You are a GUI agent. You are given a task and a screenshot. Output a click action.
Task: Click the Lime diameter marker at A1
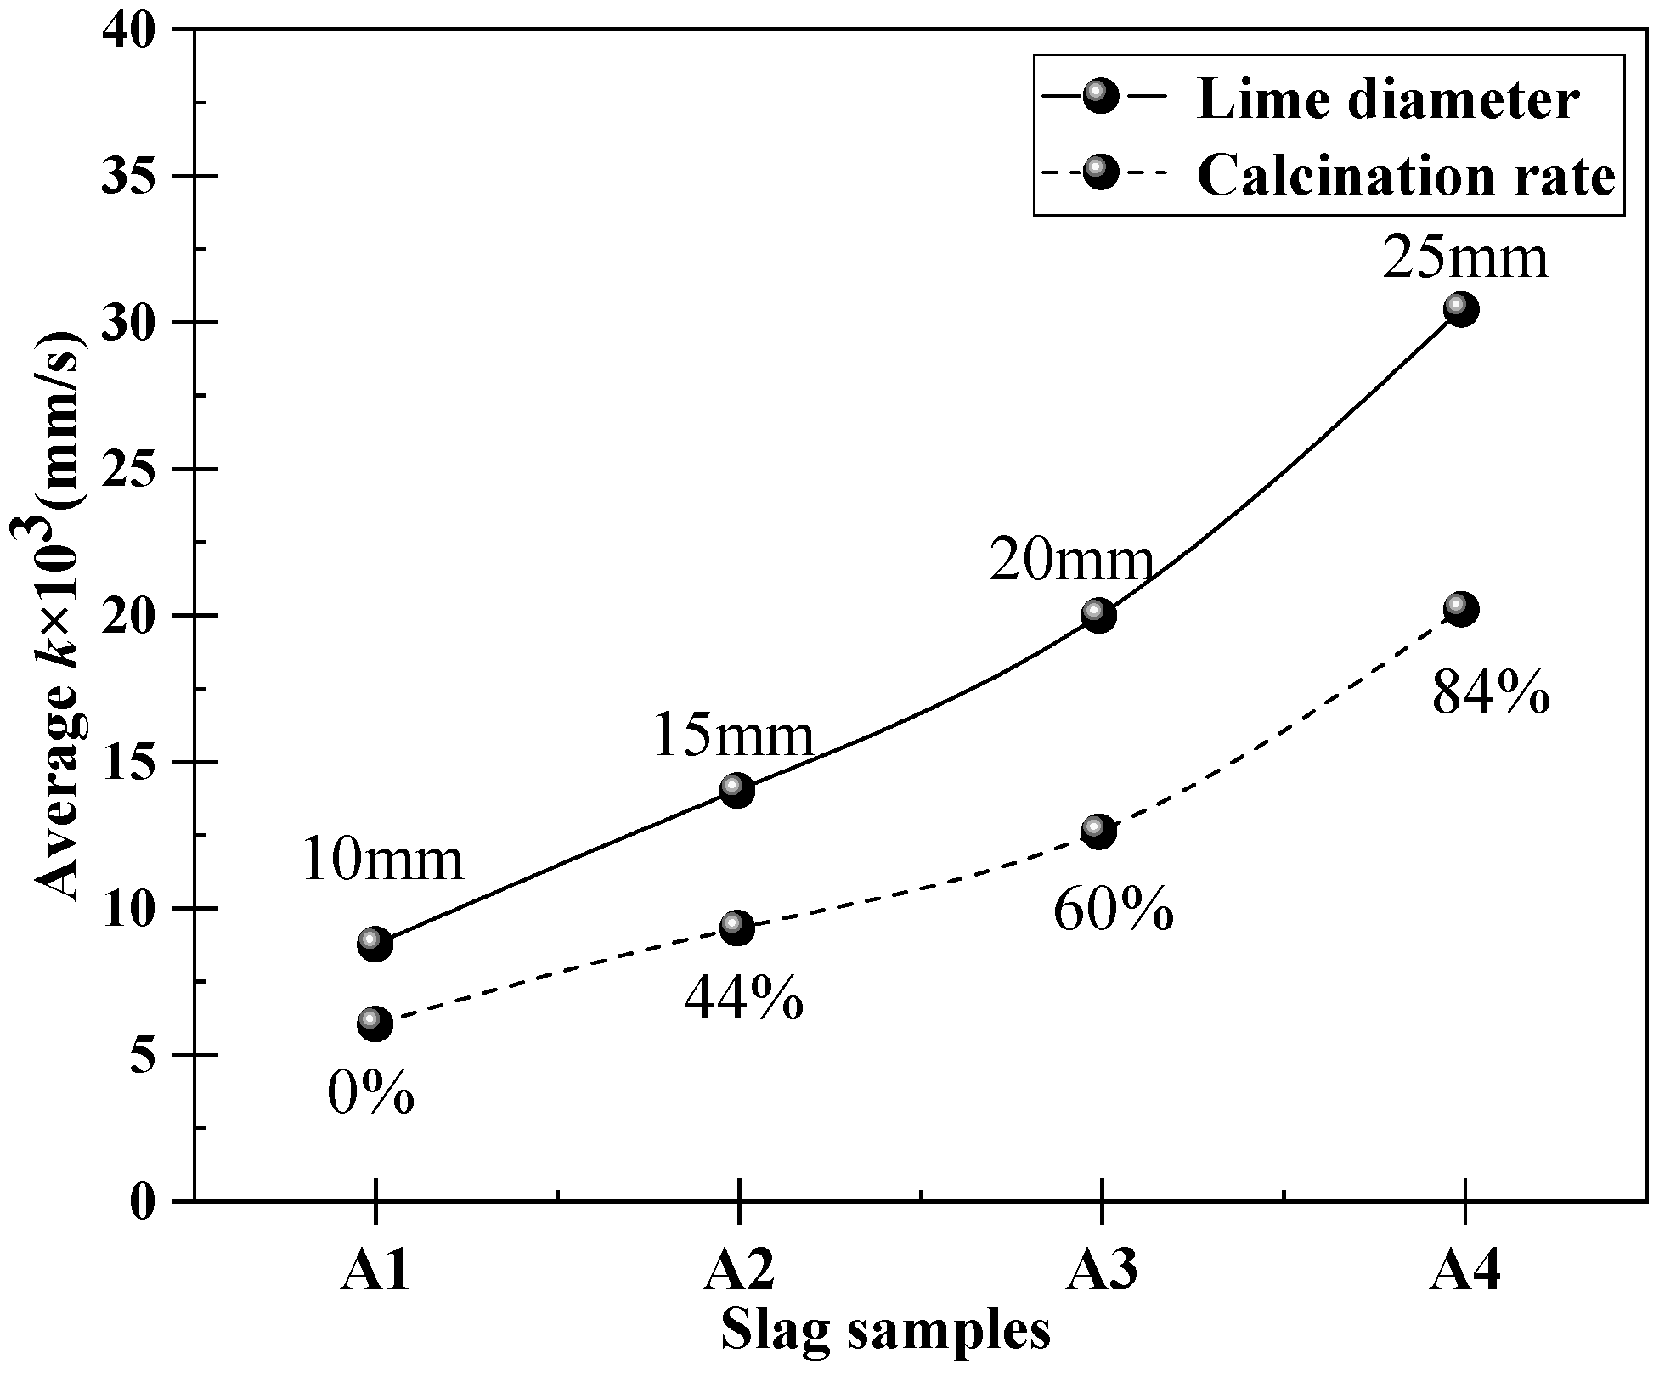pos(375,944)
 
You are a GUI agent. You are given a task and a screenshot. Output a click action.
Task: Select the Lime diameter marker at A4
pos(1461,309)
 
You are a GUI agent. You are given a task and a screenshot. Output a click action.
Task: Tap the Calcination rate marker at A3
pos(1099,832)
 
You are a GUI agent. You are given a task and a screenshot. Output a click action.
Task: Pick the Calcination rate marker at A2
pos(737,928)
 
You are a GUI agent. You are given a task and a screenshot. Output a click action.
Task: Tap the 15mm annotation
pos(733,736)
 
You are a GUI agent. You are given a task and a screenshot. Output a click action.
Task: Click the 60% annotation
pos(1114,911)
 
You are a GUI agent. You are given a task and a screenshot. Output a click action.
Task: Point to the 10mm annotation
pos(382,860)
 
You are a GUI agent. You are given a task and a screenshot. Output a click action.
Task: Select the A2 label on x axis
pos(739,1272)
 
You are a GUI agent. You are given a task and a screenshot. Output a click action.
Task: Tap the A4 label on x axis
pos(1464,1272)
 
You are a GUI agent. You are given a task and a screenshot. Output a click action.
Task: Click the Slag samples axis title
pos(886,1331)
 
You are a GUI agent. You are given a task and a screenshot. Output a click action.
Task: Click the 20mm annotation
pos(1070,561)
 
